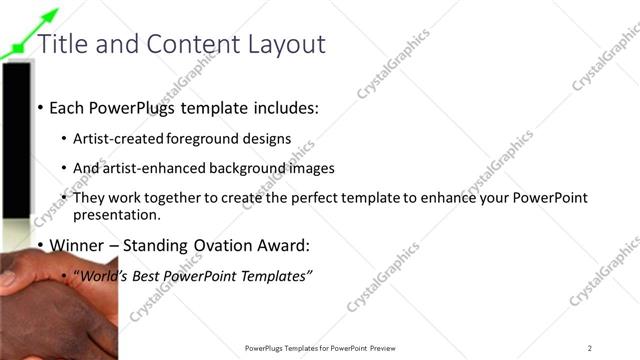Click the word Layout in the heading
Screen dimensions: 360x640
pos(290,44)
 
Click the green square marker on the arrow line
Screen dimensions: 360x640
pos(18,47)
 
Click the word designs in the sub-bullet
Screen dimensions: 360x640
pos(268,139)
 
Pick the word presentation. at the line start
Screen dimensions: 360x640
pos(117,215)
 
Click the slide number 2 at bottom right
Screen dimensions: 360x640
pos(590,348)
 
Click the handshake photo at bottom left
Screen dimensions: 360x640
pos(50,300)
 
